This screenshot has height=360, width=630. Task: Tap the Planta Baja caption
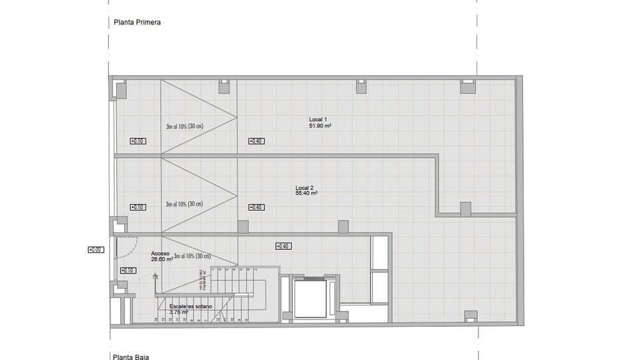pos(132,357)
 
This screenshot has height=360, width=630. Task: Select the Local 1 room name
pos(318,120)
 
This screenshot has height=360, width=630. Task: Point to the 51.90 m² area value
pos(320,126)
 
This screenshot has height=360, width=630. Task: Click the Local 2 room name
pos(304,188)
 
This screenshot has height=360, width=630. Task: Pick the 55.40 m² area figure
pos(306,193)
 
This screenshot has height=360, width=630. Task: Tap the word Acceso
pos(160,254)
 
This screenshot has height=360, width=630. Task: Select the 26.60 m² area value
pos(161,260)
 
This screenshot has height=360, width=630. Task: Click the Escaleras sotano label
pos(191,306)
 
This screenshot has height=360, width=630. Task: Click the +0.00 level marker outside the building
pos(95,250)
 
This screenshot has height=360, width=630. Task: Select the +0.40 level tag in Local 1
pos(256,141)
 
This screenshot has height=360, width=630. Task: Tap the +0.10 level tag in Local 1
pos(137,141)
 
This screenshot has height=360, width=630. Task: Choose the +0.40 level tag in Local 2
pos(256,207)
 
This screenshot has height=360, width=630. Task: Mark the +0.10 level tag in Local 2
pos(137,207)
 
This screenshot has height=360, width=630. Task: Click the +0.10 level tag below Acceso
pos(128,270)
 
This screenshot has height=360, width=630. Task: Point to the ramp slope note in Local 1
pos(184,126)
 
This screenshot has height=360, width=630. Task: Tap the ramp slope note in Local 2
pos(184,204)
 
